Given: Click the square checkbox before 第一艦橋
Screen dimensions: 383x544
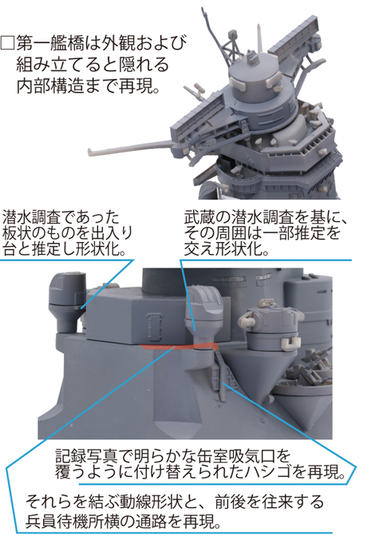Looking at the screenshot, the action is click(8, 43).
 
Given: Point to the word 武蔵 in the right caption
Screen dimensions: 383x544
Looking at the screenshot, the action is click(199, 218).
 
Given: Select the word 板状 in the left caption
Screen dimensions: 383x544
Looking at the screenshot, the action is click(17, 233).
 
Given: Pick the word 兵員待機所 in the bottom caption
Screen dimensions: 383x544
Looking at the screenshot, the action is click(63, 521).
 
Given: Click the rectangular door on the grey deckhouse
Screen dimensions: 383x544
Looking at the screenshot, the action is click(155, 328).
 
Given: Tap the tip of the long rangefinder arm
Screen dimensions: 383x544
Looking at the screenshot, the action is click(90, 151).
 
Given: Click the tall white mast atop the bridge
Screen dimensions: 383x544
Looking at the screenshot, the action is click(259, 38).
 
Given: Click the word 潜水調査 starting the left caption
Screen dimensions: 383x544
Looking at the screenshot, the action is click(33, 218).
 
